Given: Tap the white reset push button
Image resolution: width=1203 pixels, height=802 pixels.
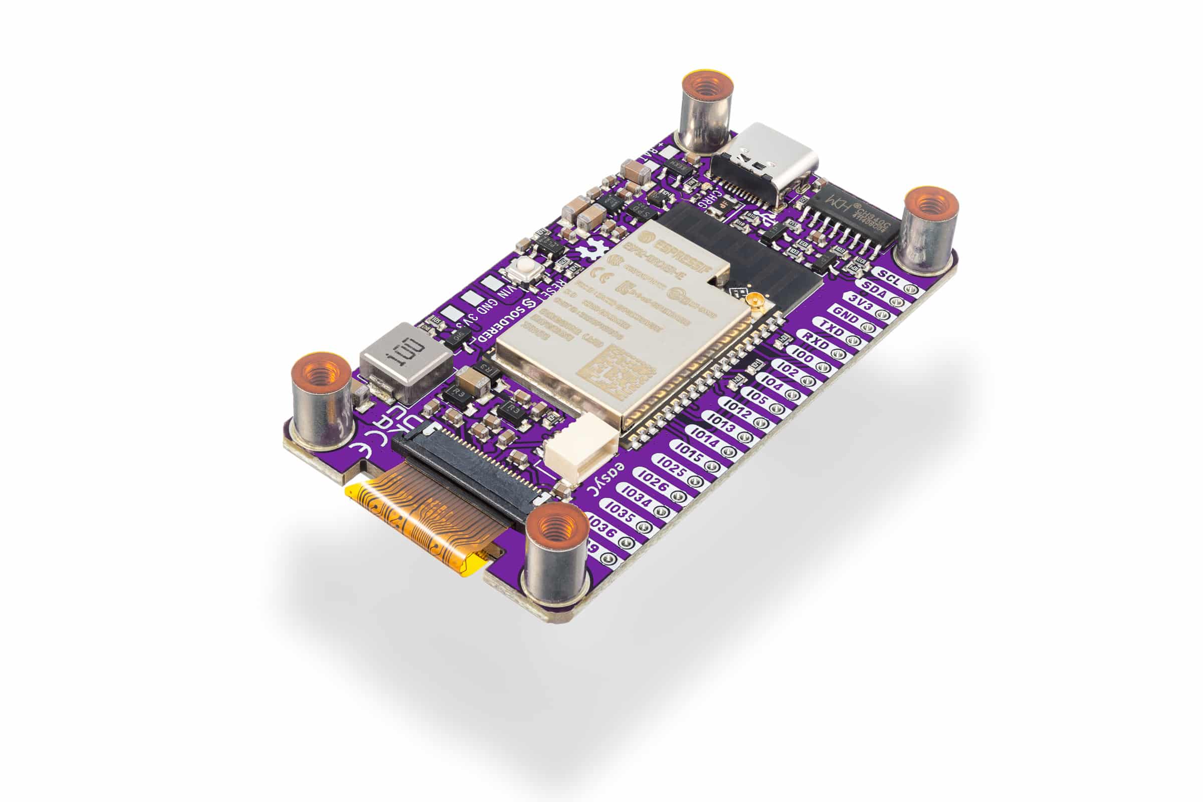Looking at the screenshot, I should coord(524,266).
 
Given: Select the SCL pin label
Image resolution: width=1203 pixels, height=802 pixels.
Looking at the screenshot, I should coord(889,275).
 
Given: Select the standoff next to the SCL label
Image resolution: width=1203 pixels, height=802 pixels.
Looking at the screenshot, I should coord(929,228).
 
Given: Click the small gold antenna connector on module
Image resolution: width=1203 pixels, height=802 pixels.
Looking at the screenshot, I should coord(755,304).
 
